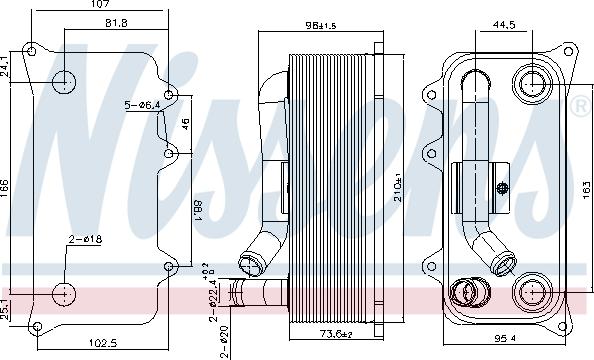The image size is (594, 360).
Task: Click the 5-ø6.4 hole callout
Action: (x=143, y=104)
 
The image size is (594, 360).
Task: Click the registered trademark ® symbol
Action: (x=580, y=105)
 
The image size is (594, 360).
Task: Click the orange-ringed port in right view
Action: (x=465, y=294)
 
